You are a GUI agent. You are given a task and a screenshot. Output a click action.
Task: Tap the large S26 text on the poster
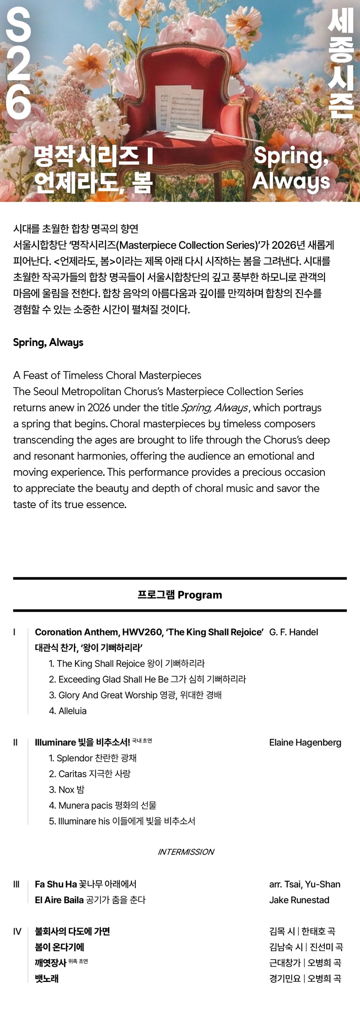[18, 64]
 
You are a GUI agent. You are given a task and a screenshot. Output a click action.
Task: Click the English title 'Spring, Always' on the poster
[291, 168]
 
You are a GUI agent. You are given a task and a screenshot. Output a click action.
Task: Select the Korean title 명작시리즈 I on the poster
[93, 156]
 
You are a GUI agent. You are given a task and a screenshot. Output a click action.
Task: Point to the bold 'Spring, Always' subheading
[48, 342]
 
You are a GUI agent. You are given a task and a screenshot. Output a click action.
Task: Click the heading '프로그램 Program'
[180, 595]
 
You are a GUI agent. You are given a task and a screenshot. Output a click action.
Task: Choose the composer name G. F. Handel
[293, 632]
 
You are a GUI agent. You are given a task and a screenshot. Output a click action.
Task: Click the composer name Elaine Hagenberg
[305, 742]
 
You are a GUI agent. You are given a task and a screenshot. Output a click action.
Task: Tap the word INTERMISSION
[186, 852]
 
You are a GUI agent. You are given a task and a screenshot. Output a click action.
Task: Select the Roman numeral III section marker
[16, 884]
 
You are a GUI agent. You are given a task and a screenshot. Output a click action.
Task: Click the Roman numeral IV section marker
[17, 931]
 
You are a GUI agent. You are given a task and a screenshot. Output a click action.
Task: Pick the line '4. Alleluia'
[67, 711]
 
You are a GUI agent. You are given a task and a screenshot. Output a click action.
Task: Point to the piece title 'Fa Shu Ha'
[56, 884]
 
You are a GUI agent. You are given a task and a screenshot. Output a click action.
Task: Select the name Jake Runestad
[299, 900]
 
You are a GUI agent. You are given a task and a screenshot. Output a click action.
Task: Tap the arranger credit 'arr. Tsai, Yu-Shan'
[304, 884]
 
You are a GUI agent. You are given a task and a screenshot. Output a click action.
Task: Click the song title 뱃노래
[47, 979]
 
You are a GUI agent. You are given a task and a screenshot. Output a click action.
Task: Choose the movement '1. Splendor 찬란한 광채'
[92, 758]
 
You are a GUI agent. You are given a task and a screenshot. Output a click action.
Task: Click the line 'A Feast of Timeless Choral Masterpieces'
[107, 375]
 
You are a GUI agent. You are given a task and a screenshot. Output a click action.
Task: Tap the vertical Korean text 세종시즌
[341, 64]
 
